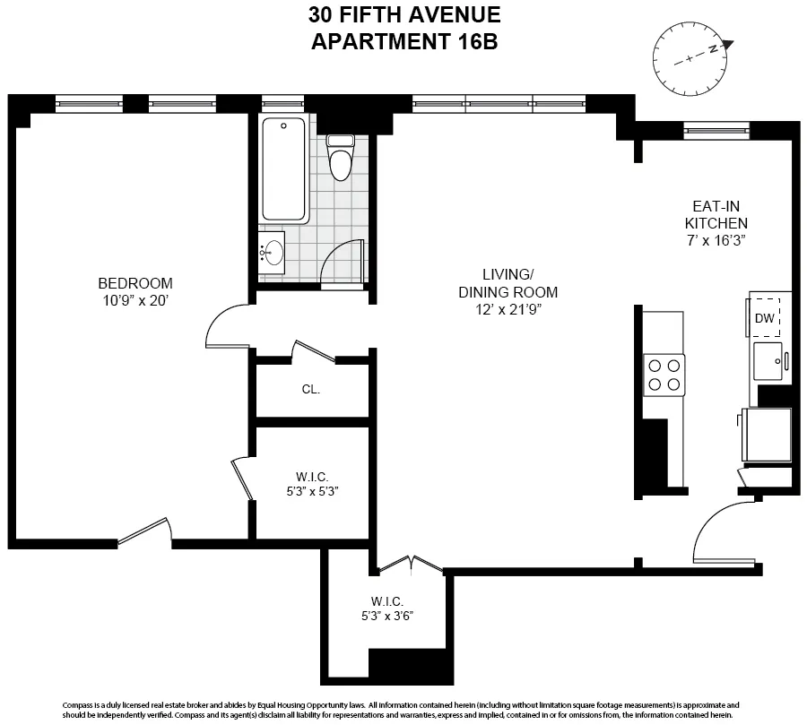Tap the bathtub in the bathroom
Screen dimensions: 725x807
pos(285,170)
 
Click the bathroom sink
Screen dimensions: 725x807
pos(273,254)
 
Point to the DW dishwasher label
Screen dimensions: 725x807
pos(764,317)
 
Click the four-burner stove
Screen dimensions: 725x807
pos(664,375)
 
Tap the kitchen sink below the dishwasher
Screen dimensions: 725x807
pos(768,360)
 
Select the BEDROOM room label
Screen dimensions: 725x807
pos(134,283)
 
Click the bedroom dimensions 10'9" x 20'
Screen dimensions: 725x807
pos(134,301)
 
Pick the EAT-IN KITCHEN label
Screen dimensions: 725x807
pos(716,214)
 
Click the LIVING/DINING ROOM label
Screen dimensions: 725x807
pos(508,283)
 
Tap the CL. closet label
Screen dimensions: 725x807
pos(310,390)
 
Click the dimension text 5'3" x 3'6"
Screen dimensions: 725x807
pos(387,616)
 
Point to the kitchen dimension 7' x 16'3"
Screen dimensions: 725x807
pos(716,240)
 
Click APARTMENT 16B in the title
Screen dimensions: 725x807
pos(403,41)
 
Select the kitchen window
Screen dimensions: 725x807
pos(716,130)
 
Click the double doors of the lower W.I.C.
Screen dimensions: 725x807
pos(409,565)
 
